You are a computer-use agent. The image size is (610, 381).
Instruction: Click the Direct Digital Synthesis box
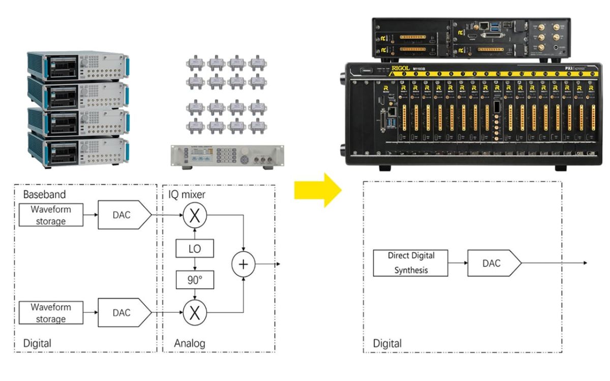411,263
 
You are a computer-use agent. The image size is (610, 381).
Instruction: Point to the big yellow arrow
318,189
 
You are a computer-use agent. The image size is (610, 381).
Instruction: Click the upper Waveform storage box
50,215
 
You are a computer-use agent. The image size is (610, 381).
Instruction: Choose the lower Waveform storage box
50,312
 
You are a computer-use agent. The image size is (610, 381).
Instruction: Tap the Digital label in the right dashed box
387,343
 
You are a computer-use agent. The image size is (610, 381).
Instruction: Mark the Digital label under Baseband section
37,343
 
